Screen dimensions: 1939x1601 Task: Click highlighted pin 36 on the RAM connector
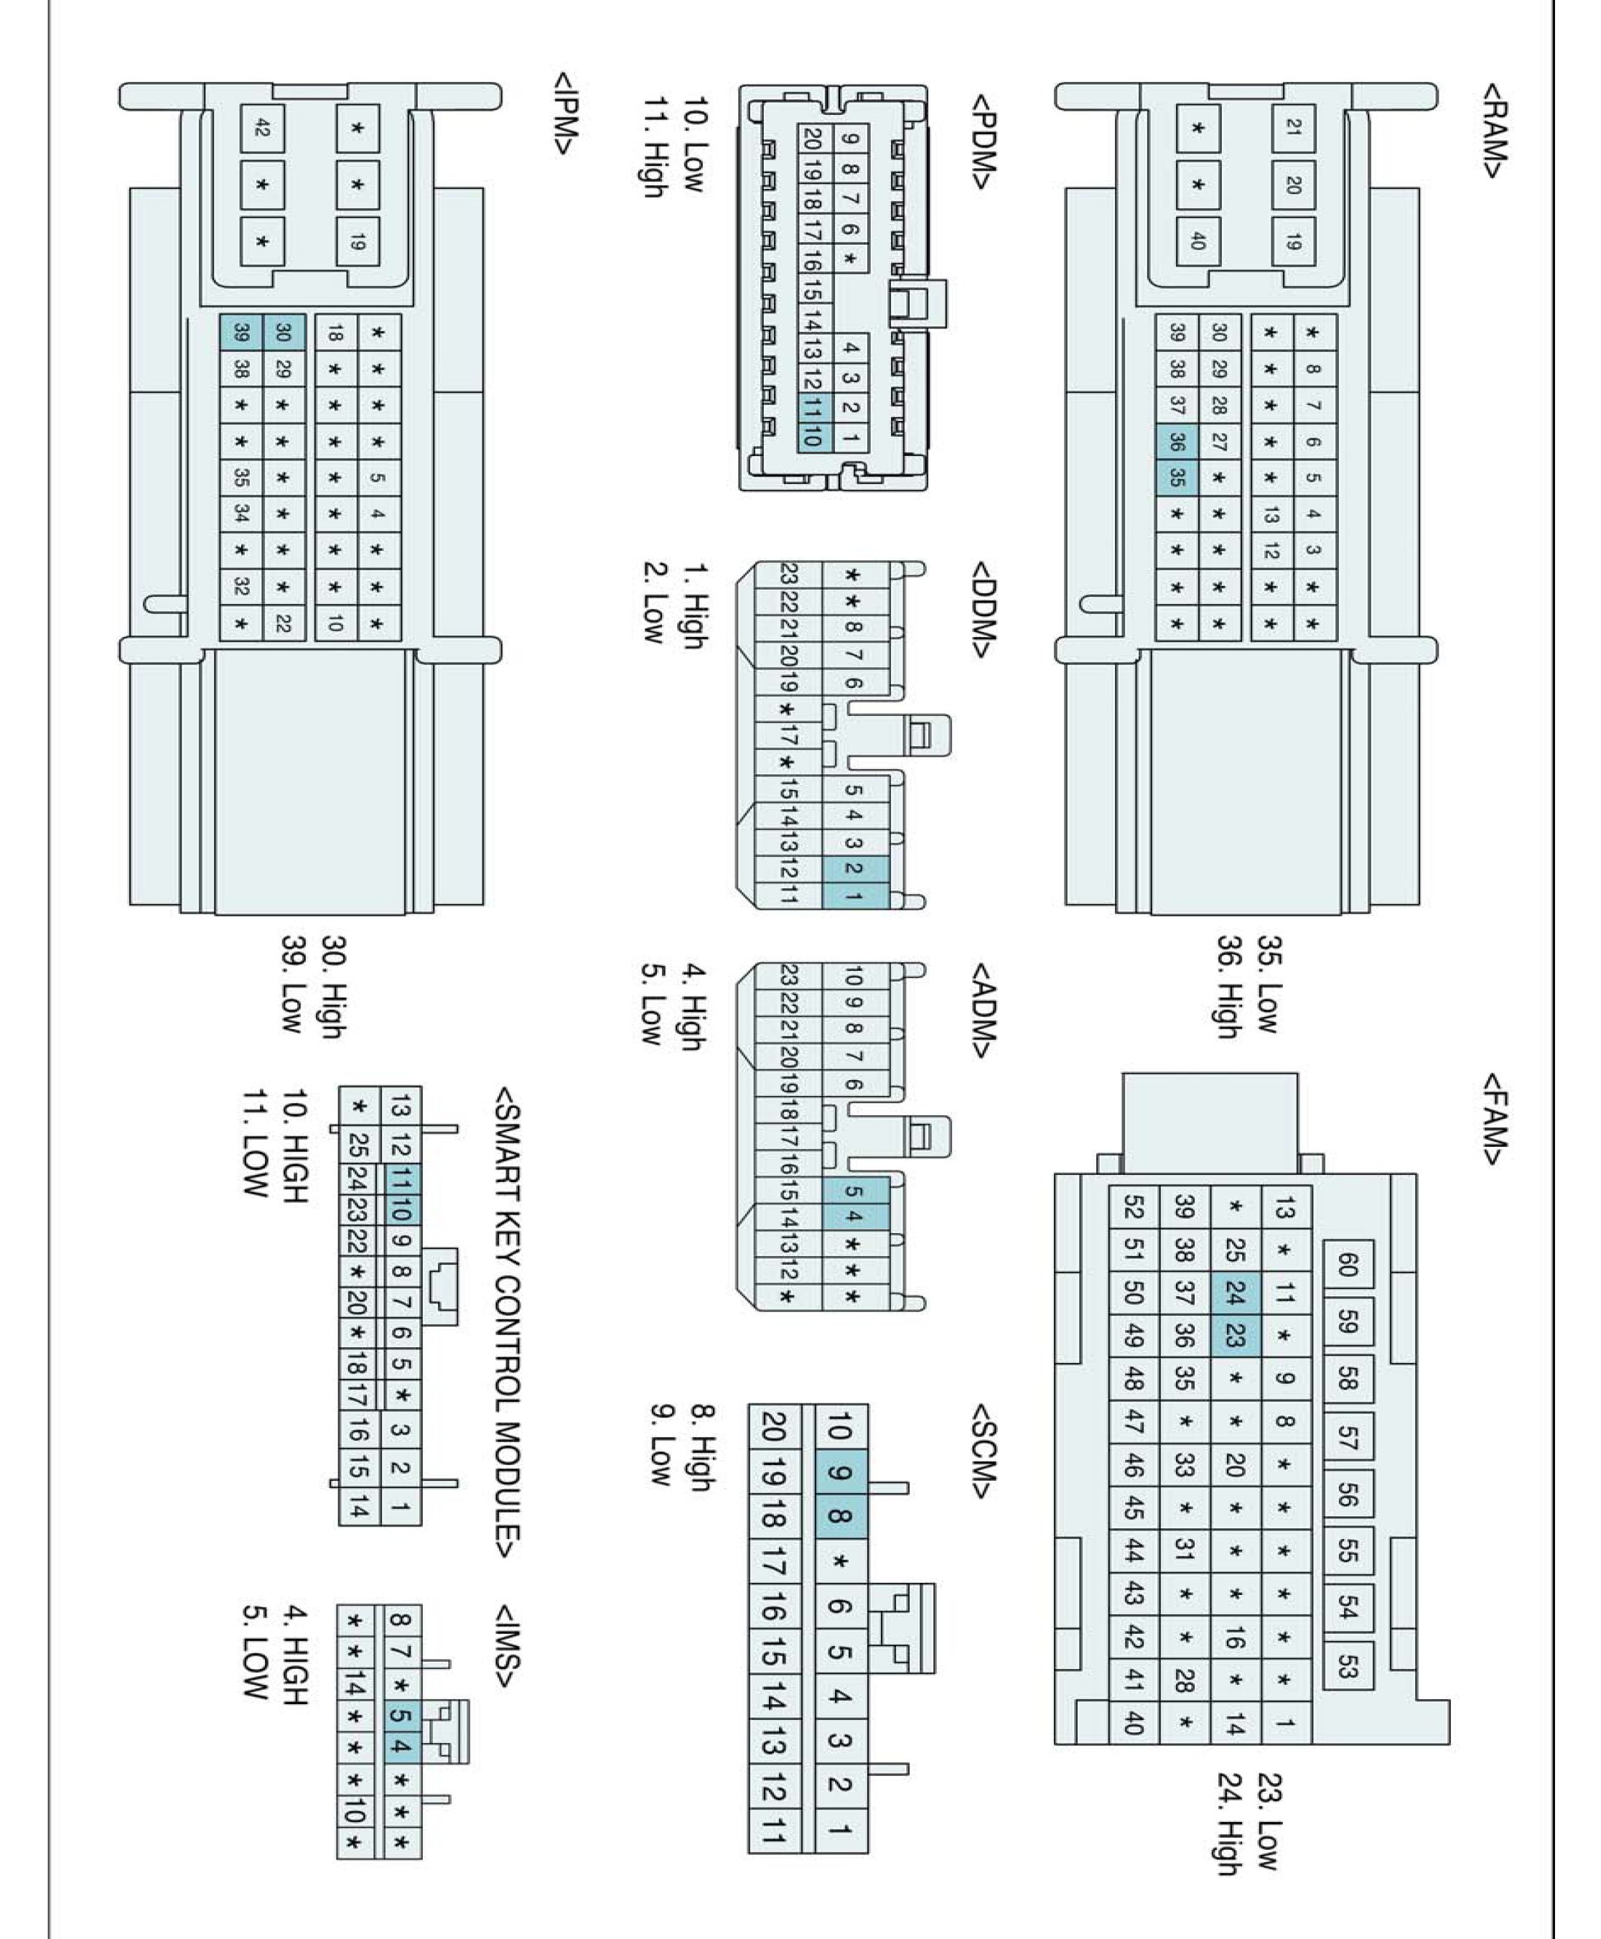[x=1176, y=441]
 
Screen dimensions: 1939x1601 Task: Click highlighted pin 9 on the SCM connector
[x=839, y=1473]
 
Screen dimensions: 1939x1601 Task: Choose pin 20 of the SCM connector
[x=773, y=1427]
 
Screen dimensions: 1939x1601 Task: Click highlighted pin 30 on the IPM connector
[x=283, y=332]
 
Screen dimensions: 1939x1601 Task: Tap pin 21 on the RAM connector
[x=1293, y=127]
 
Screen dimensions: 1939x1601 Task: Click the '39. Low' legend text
[x=293, y=985]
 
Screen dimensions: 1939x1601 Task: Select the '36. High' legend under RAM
[x=1229, y=987]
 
